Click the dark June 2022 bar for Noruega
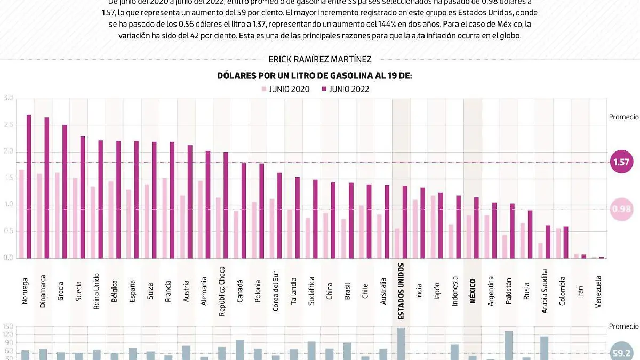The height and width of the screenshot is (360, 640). (x=29, y=186)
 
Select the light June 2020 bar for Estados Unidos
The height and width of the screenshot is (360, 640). (x=397, y=243)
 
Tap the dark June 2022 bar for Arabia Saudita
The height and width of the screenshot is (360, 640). (x=548, y=242)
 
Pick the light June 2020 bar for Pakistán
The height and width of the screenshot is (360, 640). (x=505, y=246)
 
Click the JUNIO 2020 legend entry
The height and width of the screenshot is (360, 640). (x=285, y=89)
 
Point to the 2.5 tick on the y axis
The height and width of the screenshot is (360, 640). (x=8, y=125)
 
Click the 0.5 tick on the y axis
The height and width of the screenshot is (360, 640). (x=8, y=231)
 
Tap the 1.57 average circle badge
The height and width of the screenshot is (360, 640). (x=621, y=162)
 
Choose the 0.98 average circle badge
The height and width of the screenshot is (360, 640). (x=621, y=209)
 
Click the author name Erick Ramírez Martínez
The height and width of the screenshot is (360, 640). (x=320, y=60)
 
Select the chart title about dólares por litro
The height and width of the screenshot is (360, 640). (x=315, y=76)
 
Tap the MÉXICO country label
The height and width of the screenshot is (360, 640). (x=473, y=291)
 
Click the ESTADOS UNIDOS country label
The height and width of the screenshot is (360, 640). (x=401, y=291)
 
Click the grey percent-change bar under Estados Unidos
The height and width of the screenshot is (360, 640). (x=401, y=344)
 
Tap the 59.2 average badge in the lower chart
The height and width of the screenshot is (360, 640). (x=621, y=352)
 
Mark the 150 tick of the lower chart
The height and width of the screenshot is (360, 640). (x=8, y=326)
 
